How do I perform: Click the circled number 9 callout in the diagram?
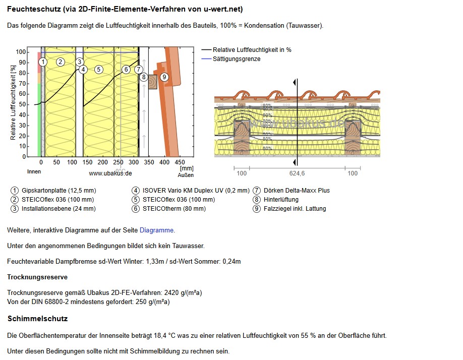click(164, 77)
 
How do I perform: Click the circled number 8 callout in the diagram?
click(144, 77)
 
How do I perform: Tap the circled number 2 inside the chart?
click(60, 62)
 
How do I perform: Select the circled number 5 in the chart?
click(99, 69)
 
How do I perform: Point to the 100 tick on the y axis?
click(21, 52)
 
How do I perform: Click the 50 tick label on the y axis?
click(23, 104)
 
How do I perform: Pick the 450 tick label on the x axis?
click(180, 162)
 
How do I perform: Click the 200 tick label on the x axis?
click(103, 162)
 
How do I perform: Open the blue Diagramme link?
click(156, 230)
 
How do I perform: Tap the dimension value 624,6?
click(297, 173)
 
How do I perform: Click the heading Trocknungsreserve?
click(37, 277)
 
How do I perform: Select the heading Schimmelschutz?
click(37, 319)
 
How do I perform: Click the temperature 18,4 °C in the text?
click(185, 335)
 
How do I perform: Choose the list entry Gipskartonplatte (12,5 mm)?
click(59, 191)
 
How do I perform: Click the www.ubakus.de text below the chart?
click(110, 173)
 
